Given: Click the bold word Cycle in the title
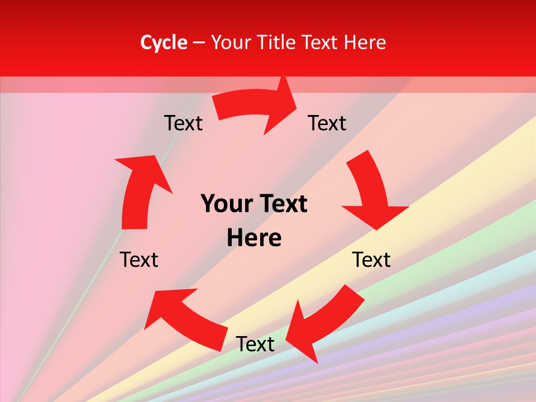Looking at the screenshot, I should pyautogui.click(x=164, y=42).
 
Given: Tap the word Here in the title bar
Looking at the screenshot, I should pyautogui.click(x=365, y=42).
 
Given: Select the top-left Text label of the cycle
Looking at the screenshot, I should pyautogui.click(x=183, y=123).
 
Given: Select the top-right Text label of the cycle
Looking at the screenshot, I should pyautogui.click(x=327, y=123).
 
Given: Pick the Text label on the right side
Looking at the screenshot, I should pyautogui.click(x=371, y=260).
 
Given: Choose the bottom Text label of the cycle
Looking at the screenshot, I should pyautogui.click(x=255, y=344).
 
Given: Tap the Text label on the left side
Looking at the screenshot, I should pyautogui.click(x=139, y=260).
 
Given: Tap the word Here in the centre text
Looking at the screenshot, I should pyautogui.click(x=254, y=238).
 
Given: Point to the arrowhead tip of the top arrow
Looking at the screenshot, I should pyautogui.click(x=296, y=101).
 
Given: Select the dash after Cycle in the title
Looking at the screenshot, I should pyautogui.click(x=199, y=42).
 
